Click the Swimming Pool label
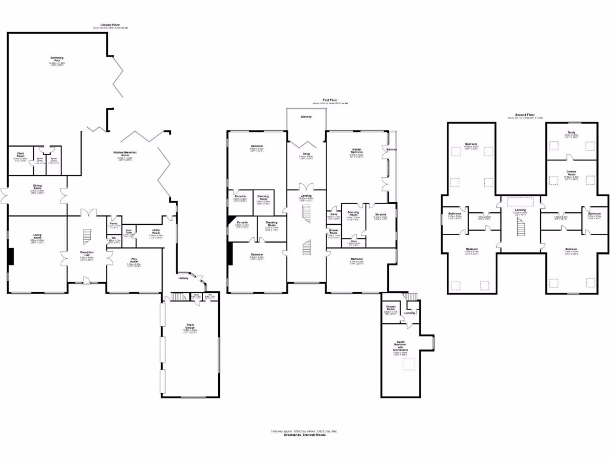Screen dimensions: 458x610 point(57,59)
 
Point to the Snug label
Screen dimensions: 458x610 point(306,156)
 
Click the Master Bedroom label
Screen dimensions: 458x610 point(356,152)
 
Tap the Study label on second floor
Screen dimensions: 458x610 point(571,134)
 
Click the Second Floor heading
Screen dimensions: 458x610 point(525,114)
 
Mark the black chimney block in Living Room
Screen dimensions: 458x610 point(10,255)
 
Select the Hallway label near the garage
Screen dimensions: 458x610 point(183,278)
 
